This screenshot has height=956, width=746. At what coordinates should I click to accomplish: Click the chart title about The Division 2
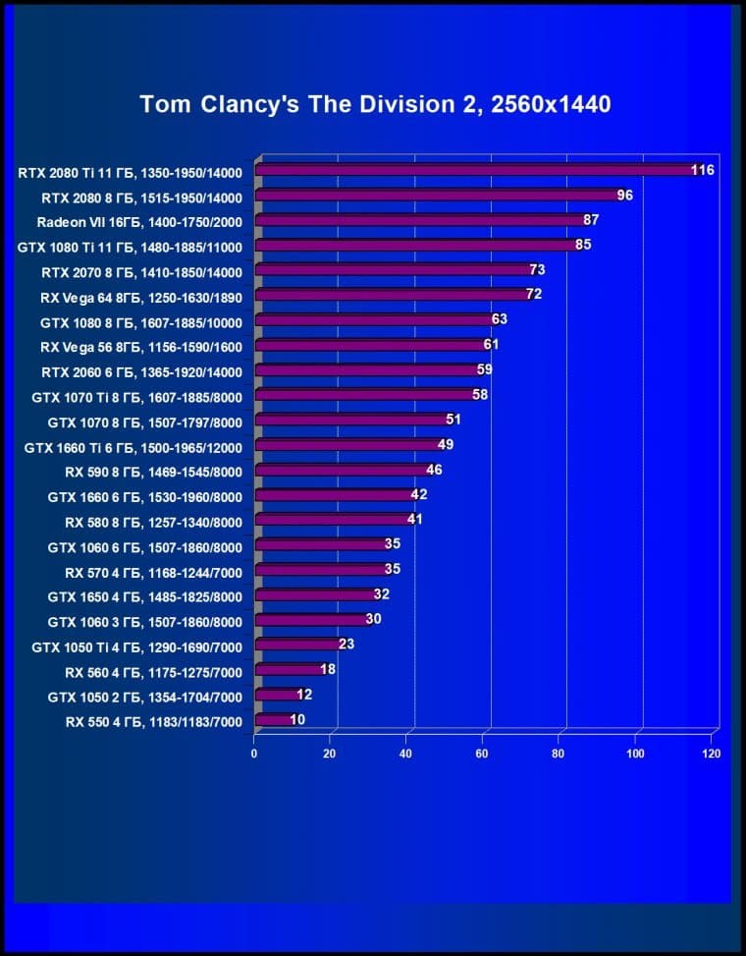375,104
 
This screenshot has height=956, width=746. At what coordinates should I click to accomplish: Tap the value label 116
702,170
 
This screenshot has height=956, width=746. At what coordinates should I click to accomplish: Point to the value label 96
624,196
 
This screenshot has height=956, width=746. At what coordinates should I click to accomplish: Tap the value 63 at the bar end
499,319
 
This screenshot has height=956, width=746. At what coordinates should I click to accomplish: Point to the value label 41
414,519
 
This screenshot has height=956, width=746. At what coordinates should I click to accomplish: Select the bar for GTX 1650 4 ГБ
315,595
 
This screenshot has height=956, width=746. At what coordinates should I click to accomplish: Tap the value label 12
305,695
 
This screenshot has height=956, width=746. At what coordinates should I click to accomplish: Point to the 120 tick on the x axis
712,754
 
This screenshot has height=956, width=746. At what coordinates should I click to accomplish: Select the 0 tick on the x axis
254,754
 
